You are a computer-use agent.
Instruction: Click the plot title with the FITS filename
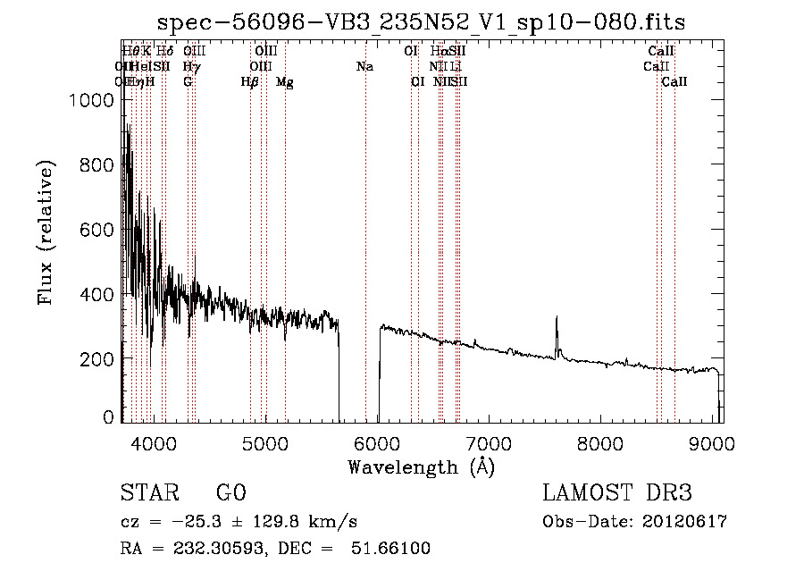pos(421,22)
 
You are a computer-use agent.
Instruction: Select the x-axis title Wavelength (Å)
pos(421,467)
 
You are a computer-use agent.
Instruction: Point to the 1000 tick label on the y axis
pos(91,101)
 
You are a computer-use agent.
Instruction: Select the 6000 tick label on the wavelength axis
pos(376,442)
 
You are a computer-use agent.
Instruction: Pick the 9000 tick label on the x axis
pos(712,442)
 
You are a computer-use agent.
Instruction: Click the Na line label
pos(364,67)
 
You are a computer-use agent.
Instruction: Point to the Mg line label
pos(284,82)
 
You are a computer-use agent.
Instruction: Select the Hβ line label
pos(250,82)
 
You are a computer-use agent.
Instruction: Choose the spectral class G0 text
pos(230,493)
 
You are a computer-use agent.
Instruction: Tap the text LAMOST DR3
pos(617,493)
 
